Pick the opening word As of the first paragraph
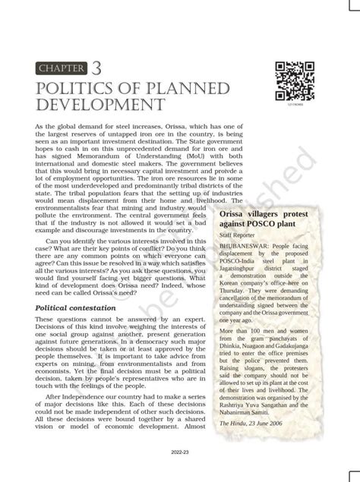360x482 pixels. [x=41, y=123]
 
